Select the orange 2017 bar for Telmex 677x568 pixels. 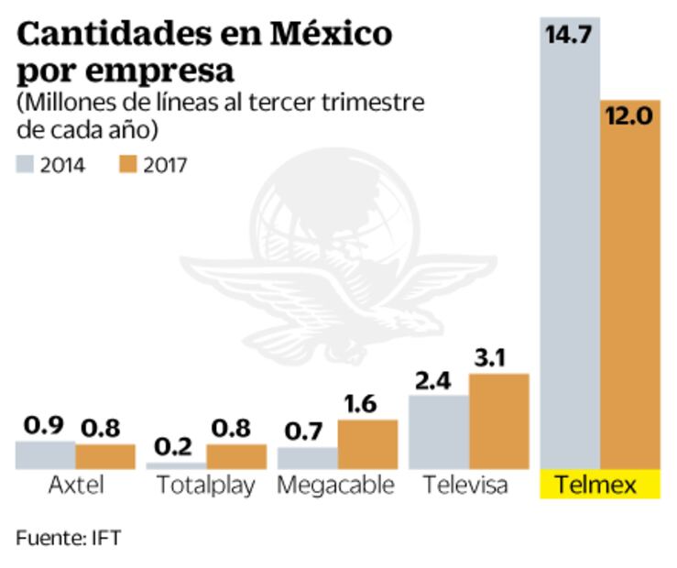click(630, 293)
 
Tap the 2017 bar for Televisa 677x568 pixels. click(499, 421)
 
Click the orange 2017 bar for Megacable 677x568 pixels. click(367, 444)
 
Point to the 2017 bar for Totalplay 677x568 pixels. click(235, 456)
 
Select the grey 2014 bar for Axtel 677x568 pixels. click(45, 454)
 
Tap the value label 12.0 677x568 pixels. click(631, 117)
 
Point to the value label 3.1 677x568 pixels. click(500, 356)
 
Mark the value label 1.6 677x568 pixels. click(368, 403)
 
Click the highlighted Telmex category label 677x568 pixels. click(600, 485)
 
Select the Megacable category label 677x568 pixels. click(335, 485)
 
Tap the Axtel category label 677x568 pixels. click(74, 485)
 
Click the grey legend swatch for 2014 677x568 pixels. click(25, 166)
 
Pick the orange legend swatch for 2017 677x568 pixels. click(129, 166)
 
